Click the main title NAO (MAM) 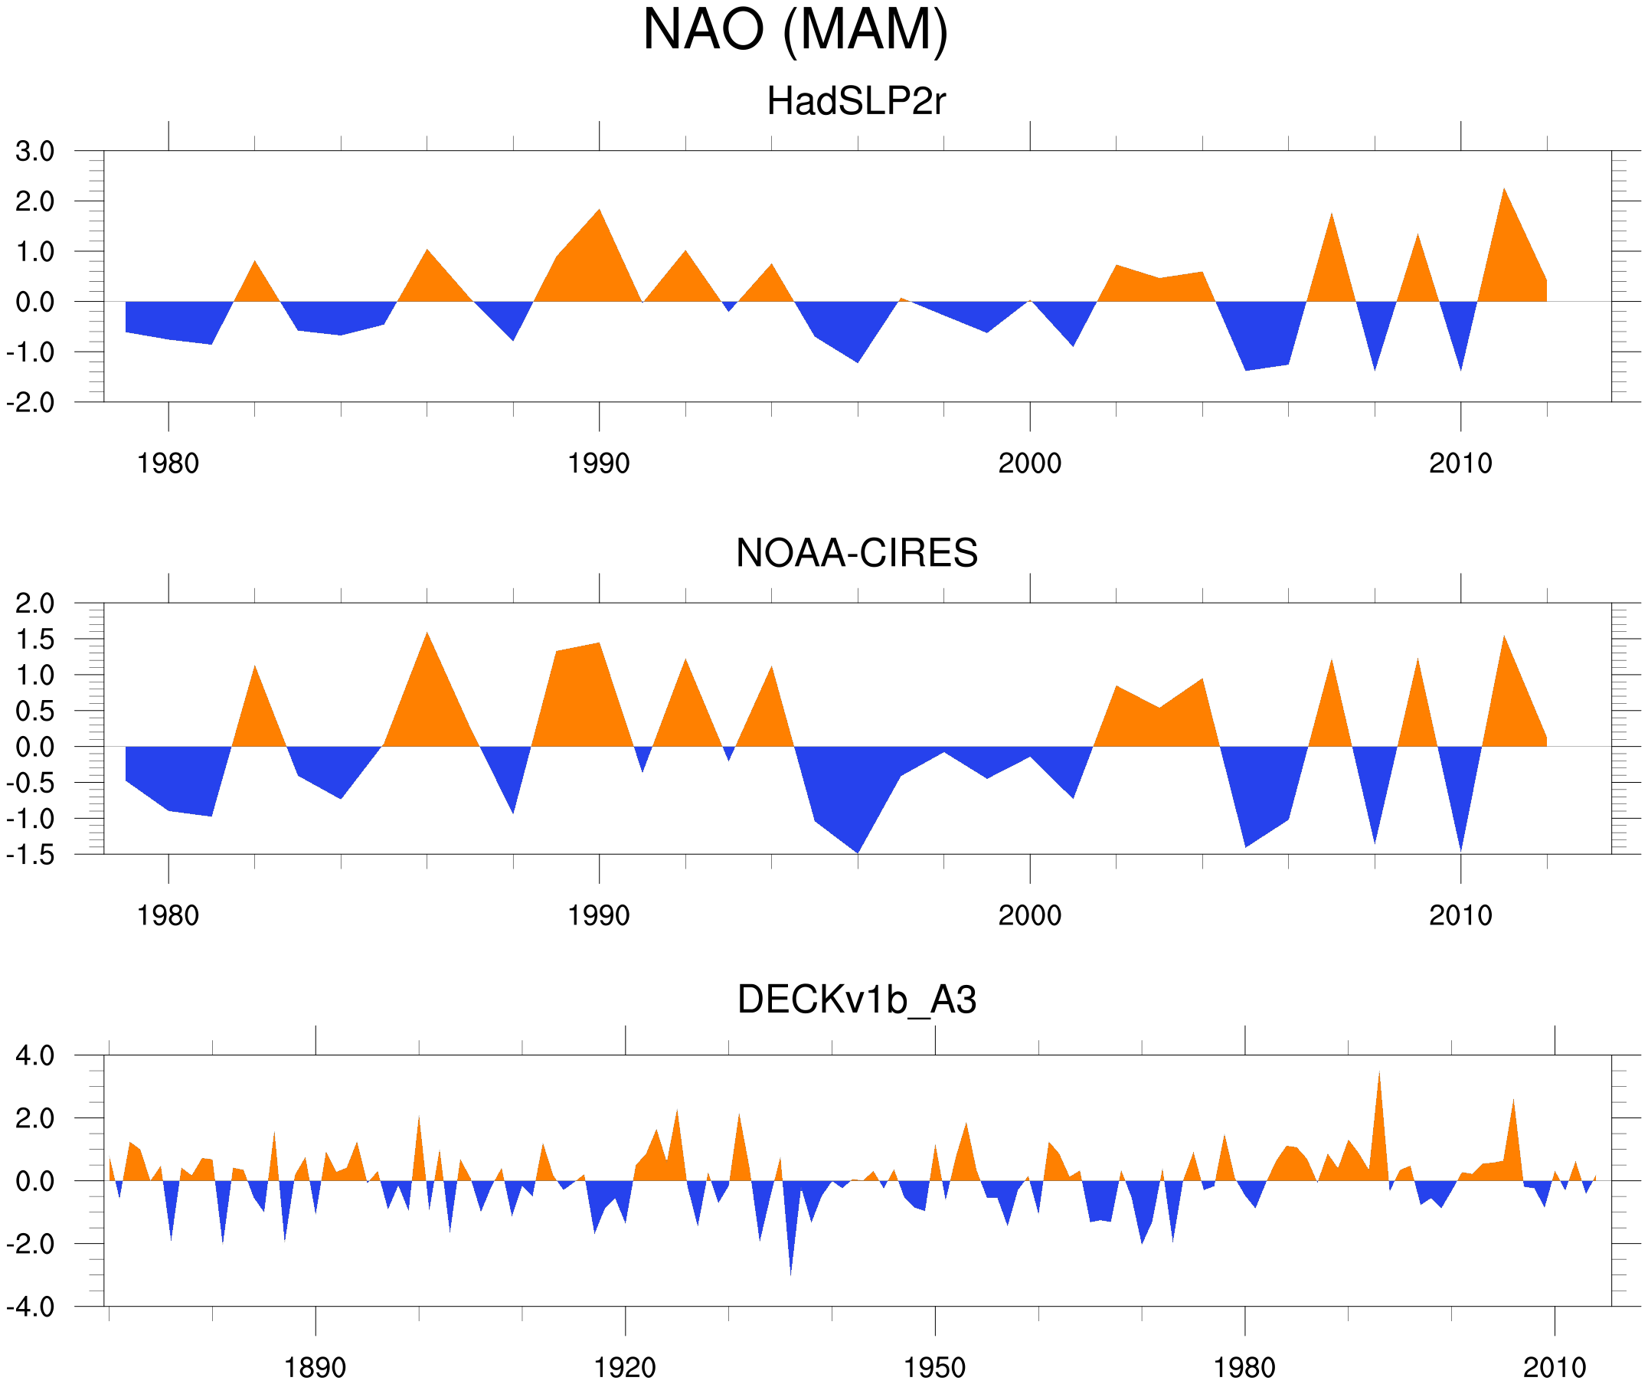pyautogui.click(x=795, y=30)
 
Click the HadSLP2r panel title pyautogui.click(x=856, y=101)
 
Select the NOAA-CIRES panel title pyautogui.click(x=856, y=553)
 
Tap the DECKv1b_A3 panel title pyautogui.click(x=856, y=1000)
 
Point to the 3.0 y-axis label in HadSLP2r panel pyautogui.click(x=34, y=151)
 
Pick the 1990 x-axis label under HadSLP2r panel pyautogui.click(x=599, y=463)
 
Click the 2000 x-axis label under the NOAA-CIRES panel pyautogui.click(x=1029, y=915)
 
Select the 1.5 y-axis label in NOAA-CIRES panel pyautogui.click(x=34, y=639)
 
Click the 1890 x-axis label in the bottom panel pyautogui.click(x=315, y=1367)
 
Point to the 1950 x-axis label pyautogui.click(x=934, y=1367)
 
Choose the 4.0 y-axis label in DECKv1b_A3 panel pyautogui.click(x=34, y=1056)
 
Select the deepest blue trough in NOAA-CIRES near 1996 pyautogui.click(x=858, y=848)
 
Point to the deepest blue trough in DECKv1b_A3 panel pyautogui.click(x=790, y=1270)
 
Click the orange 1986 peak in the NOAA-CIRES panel pyautogui.click(x=427, y=637)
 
